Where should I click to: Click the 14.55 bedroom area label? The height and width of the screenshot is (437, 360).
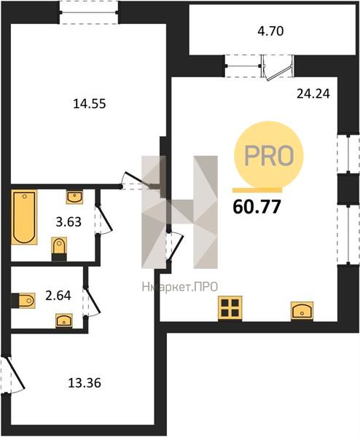click(90, 104)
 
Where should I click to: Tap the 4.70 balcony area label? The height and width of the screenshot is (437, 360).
click(270, 31)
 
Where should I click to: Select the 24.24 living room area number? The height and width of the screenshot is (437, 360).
click(313, 94)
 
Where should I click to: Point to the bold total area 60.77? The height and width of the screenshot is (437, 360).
click(257, 207)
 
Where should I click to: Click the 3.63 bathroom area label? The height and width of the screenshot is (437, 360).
click(69, 222)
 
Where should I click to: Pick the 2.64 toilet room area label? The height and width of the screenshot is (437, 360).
click(58, 296)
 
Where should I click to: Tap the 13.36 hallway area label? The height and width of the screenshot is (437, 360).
click(85, 383)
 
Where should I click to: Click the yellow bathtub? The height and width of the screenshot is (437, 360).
click(24, 217)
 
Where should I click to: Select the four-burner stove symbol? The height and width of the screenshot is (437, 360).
click(230, 308)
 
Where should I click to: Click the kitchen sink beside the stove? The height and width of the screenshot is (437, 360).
click(302, 311)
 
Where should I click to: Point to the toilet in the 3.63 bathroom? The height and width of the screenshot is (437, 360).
click(60, 249)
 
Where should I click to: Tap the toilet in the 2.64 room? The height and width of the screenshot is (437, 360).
click(23, 300)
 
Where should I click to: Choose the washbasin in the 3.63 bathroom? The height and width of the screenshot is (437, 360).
click(74, 197)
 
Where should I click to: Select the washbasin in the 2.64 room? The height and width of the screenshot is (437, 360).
click(64, 320)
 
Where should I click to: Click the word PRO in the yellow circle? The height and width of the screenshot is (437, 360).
click(269, 156)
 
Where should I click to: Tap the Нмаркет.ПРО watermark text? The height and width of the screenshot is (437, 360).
click(180, 287)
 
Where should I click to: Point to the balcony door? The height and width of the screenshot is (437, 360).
click(278, 68)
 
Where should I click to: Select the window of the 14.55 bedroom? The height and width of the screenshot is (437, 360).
click(89, 12)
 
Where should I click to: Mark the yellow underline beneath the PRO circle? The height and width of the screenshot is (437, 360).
click(257, 190)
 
